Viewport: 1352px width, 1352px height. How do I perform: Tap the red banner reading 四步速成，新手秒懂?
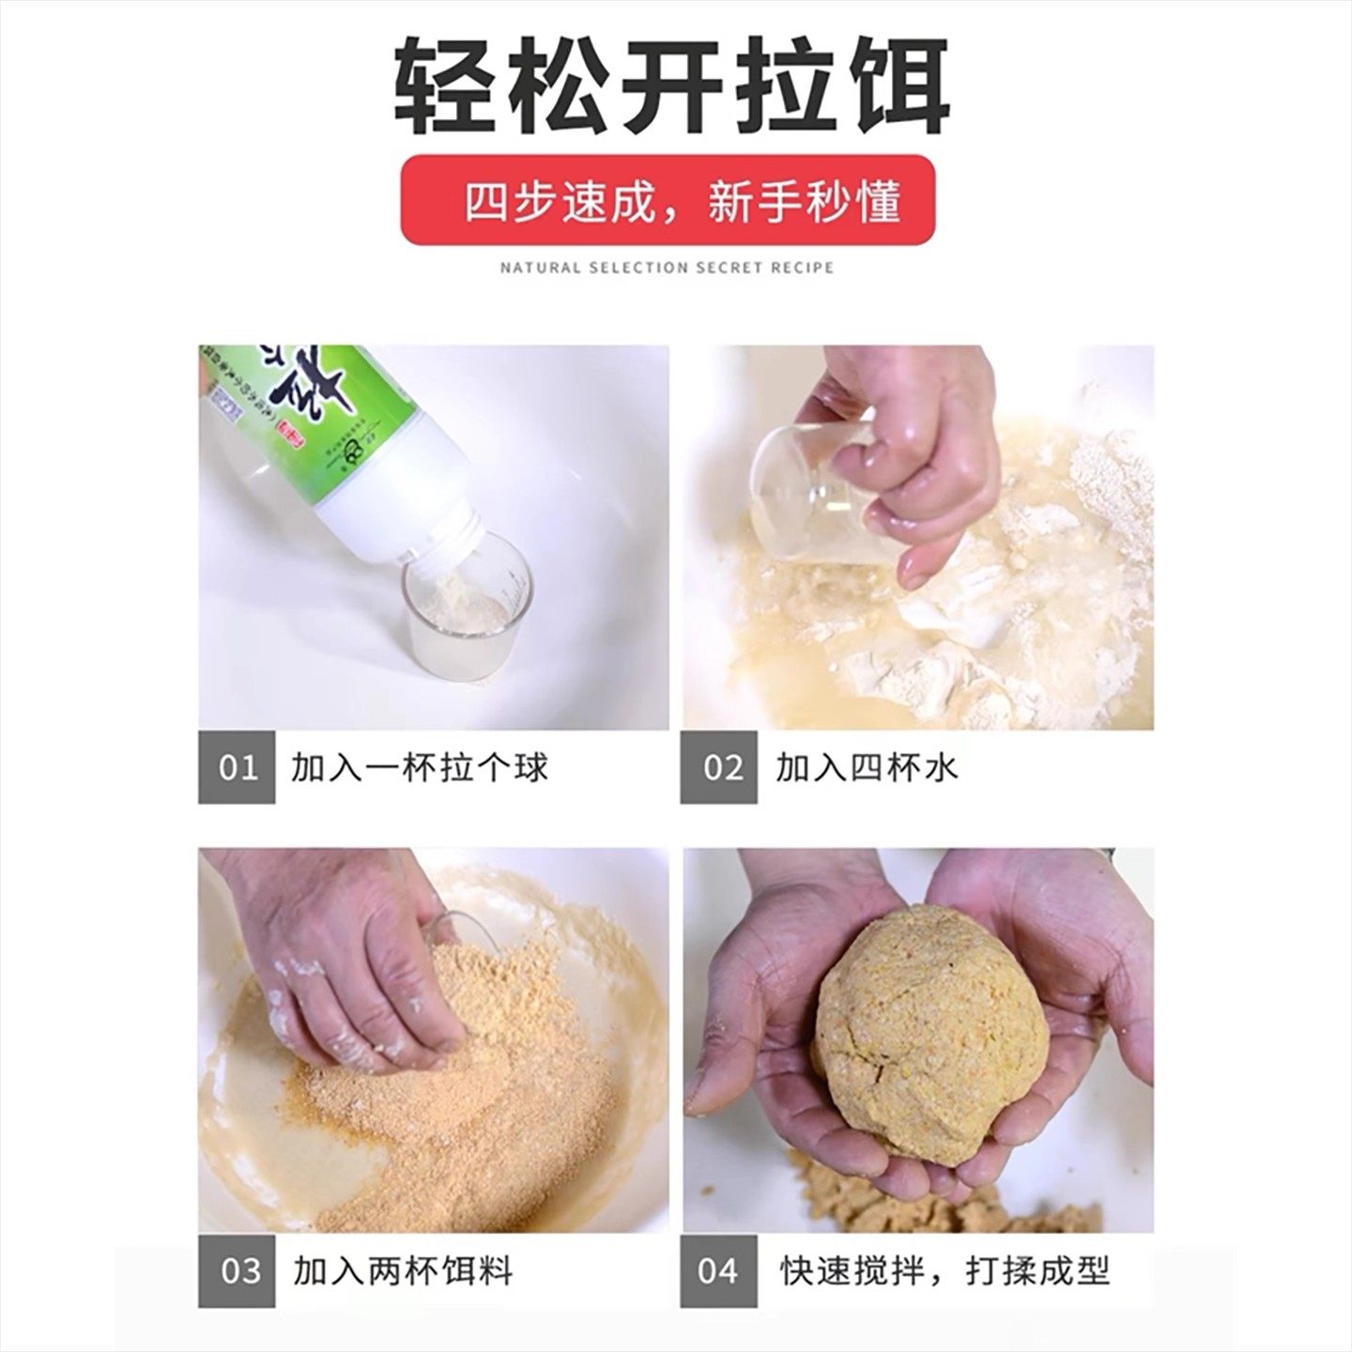(668, 200)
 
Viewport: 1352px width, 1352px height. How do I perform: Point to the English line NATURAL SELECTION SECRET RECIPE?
(667, 268)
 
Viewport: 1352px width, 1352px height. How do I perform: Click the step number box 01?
(237, 768)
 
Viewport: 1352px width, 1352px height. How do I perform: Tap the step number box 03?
(237, 1271)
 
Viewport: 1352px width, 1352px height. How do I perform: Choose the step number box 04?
(718, 1271)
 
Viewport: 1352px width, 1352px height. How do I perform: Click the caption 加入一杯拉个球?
(420, 768)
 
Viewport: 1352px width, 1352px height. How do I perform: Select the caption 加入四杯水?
(866, 768)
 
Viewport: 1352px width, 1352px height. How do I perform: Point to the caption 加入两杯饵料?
(403, 1271)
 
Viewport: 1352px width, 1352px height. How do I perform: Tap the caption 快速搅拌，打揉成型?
(945, 1271)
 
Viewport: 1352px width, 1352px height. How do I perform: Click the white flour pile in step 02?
(939, 638)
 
